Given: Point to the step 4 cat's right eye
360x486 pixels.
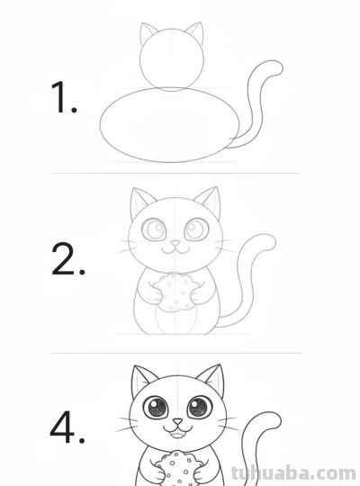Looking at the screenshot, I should click(x=197, y=409).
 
